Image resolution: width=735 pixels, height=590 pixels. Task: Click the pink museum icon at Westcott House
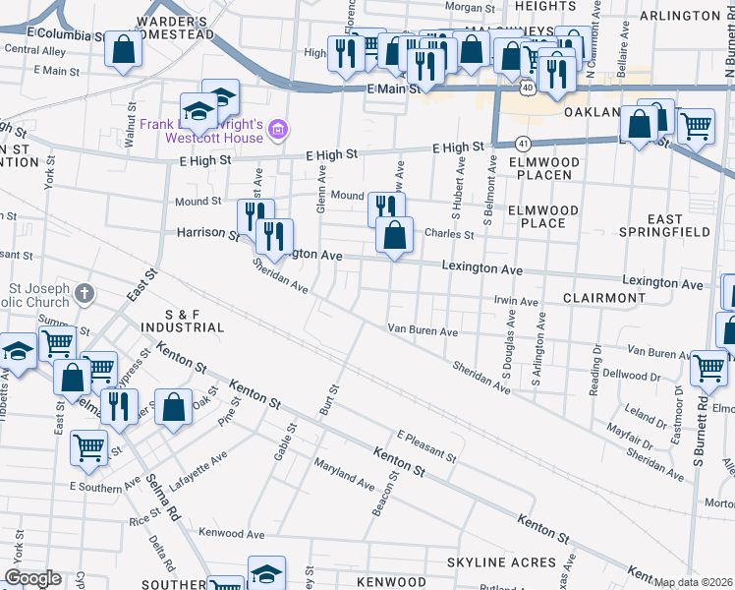click(278, 129)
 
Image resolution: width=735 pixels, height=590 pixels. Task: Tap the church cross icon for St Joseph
click(85, 292)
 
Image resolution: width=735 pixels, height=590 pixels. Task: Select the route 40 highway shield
click(528, 88)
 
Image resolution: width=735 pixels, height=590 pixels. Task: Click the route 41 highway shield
click(523, 143)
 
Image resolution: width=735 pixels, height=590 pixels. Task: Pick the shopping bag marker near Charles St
click(394, 234)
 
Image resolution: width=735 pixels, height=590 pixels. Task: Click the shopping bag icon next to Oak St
click(173, 406)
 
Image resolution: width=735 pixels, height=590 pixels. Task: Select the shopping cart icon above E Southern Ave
click(89, 447)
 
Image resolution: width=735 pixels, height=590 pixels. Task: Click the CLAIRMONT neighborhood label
click(604, 297)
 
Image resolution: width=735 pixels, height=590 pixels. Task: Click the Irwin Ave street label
click(516, 302)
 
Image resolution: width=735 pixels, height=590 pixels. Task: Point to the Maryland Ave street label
click(344, 474)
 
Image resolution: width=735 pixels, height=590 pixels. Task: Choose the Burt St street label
click(329, 397)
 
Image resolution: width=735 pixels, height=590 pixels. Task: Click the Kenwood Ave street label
click(232, 534)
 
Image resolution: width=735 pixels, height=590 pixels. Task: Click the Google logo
click(33, 578)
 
